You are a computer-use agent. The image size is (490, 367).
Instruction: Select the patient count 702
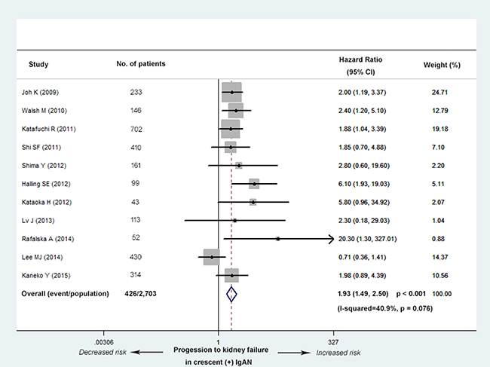[136, 128]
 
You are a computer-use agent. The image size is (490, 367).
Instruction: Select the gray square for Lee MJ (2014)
[212, 257]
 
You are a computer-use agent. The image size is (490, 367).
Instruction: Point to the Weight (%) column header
[443, 64]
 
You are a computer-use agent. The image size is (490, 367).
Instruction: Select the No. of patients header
[141, 63]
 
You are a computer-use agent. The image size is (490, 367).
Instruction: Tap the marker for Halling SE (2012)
[254, 183]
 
